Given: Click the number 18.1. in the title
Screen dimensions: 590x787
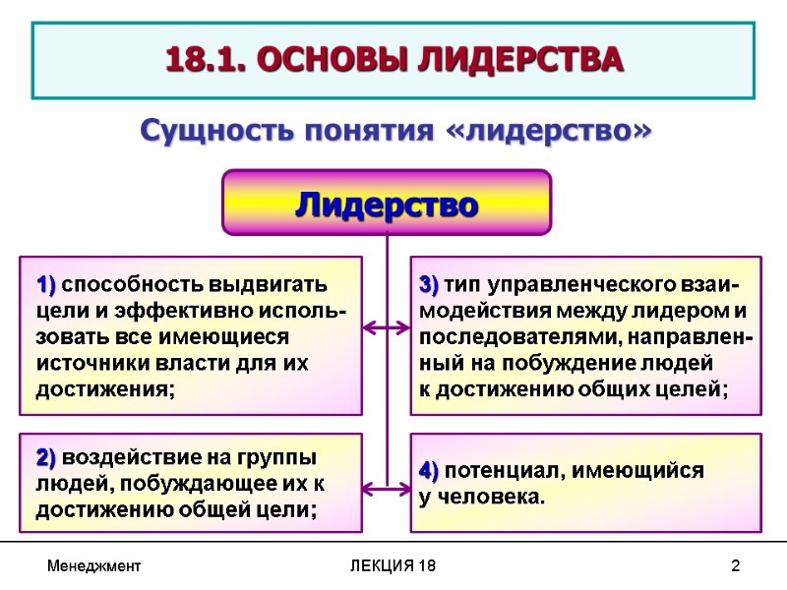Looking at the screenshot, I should [x=205, y=60].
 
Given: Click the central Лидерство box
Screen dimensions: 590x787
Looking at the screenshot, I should [x=387, y=204].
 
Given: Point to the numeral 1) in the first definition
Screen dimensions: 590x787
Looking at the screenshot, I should [x=47, y=286].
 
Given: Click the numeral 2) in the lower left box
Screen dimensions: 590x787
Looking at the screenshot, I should [x=47, y=459].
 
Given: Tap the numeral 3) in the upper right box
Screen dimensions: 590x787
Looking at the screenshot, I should [x=430, y=286].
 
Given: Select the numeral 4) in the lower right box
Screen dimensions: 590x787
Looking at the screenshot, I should [x=430, y=470].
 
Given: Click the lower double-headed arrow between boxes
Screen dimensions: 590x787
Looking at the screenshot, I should [x=387, y=485].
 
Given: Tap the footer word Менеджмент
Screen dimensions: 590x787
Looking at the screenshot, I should [x=94, y=567].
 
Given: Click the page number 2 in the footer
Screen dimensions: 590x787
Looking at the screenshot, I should [x=735, y=567].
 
